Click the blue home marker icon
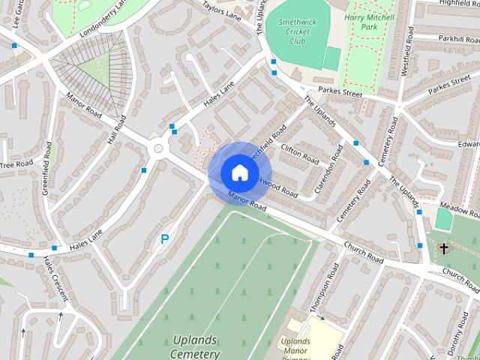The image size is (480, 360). (238, 173)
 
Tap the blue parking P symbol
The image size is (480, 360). (164, 240)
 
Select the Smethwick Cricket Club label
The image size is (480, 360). (292, 31)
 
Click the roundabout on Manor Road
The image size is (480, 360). (157, 148)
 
